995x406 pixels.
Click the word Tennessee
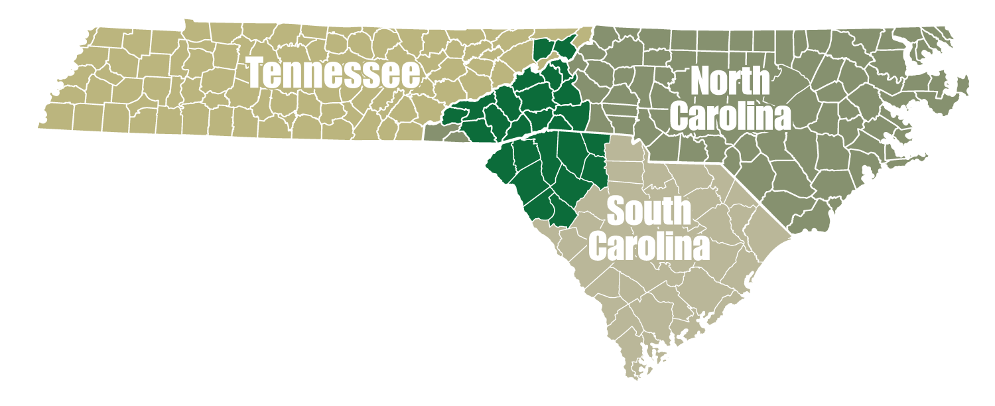(334, 74)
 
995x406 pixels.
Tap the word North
(730, 81)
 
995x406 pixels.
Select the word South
(649, 212)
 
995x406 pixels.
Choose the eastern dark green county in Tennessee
(564, 47)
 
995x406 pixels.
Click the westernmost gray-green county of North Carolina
(434, 133)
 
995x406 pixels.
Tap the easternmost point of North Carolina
(970, 83)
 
